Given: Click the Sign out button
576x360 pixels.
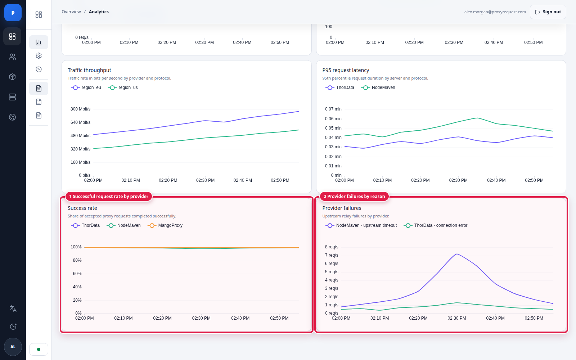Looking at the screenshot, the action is coord(548,12).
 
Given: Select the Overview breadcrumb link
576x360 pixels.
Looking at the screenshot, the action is coord(71,12).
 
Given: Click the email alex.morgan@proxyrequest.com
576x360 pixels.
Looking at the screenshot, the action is coord(495,12).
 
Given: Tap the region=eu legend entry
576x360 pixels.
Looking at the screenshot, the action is coord(86,88).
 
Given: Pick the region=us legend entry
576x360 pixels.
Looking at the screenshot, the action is coord(123,88).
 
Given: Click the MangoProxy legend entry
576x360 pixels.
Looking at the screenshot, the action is coord(165,225).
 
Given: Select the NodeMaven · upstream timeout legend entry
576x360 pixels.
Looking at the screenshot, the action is coord(361,225).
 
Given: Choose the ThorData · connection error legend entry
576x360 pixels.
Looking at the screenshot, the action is coord(435,225).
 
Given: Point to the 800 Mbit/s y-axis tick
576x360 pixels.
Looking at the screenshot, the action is coord(81,109).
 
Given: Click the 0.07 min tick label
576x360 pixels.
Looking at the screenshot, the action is coord(333,109).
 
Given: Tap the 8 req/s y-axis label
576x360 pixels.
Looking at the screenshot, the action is coord(332,247).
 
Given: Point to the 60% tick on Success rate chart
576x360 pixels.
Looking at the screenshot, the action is coord(77,274).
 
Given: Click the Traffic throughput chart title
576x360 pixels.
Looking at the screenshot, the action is coord(90,70).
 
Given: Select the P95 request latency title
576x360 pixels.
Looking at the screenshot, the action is coord(346,70).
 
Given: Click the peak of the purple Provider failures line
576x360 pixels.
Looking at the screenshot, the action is coord(457,254).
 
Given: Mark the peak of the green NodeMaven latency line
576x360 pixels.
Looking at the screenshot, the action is coord(477,118).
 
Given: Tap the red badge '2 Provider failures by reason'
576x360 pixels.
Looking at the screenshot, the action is coord(354,197).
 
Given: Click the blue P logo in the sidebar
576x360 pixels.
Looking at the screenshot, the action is coord(13,13).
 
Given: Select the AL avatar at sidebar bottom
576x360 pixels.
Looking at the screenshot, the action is coord(13,347).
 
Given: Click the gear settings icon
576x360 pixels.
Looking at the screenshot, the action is coord(39,56).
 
